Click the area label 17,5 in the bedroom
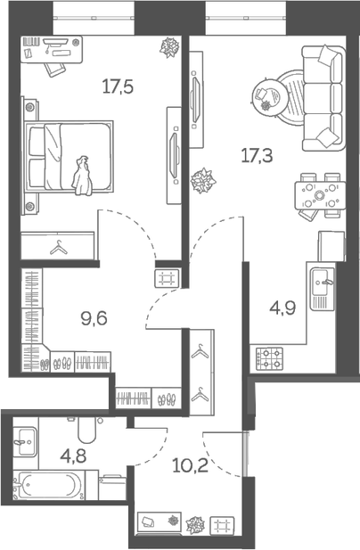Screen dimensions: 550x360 pyautogui.click(x=118, y=87)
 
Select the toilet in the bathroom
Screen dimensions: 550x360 pyautogui.click(x=86, y=431)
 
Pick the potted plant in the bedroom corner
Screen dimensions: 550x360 pyautogui.click(x=169, y=48)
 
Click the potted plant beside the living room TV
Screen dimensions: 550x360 pyautogui.click(x=202, y=181)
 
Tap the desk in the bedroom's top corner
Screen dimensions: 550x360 pyautogui.click(x=51, y=48)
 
